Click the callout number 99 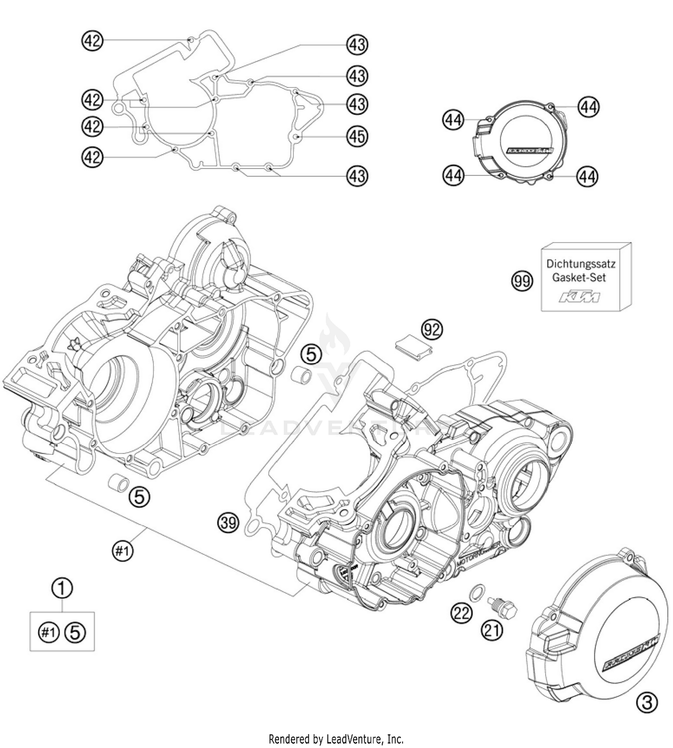522,282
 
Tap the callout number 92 432,330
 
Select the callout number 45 357,136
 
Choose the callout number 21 492,630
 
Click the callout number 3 647,702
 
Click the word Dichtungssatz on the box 580,264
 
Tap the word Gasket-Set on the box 579,278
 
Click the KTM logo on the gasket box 578,296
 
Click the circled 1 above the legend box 62,587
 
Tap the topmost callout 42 92,41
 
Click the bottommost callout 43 357,176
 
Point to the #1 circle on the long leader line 122,551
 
